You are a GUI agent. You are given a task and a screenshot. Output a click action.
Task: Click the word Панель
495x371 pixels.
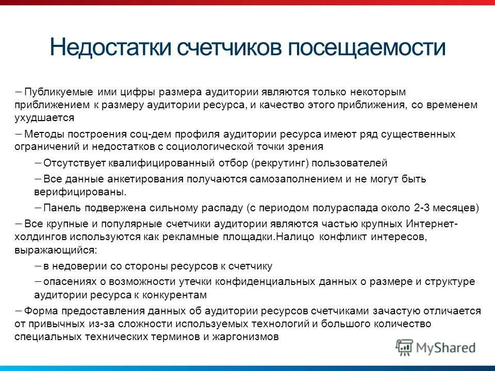[61, 208]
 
